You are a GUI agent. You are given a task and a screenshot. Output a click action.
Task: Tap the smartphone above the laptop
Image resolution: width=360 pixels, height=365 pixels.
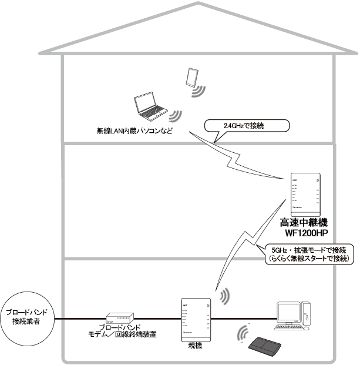(x=191, y=76)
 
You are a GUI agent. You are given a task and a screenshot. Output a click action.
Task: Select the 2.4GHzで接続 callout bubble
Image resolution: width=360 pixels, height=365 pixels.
(x=247, y=125)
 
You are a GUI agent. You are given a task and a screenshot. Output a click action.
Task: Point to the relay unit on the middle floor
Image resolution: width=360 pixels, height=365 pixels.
(x=305, y=195)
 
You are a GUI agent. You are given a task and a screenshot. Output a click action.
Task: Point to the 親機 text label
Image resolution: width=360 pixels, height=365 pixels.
(x=196, y=346)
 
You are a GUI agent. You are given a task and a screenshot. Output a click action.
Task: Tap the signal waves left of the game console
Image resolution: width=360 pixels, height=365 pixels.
(x=243, y=335)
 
